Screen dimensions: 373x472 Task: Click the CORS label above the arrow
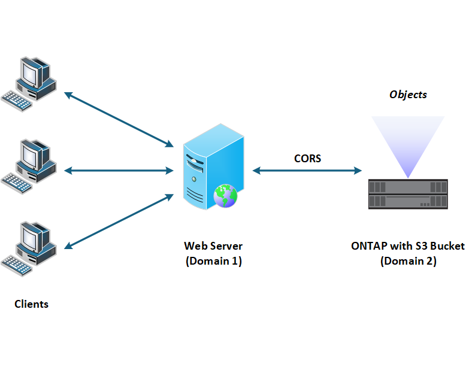307,159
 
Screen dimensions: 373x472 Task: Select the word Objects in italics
408,95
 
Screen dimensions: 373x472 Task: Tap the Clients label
31,304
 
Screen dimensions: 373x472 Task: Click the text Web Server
213,246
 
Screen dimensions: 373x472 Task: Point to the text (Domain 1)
213,261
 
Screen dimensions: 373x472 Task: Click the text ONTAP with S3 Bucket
408,246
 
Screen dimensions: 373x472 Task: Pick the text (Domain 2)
408,261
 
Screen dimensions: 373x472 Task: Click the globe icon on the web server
226,195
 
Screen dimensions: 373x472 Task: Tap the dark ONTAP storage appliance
408,193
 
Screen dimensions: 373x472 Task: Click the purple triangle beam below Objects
408,141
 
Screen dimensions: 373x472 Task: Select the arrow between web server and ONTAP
307,171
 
